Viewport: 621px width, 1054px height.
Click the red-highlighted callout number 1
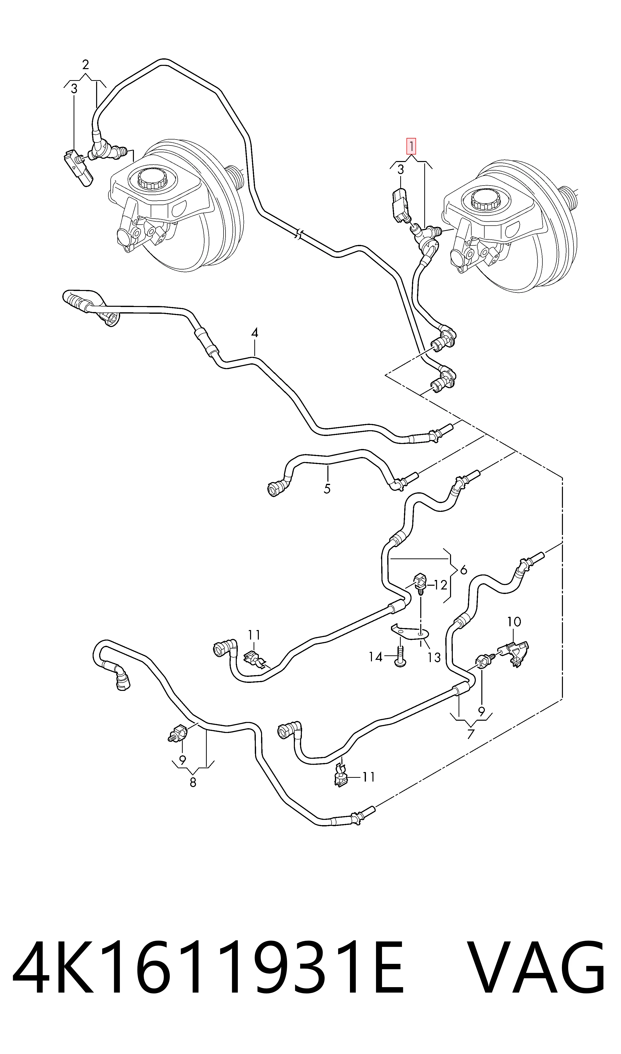click(411, 146)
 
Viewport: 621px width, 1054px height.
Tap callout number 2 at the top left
click(85, 65)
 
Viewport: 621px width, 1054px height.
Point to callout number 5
click(327, 489)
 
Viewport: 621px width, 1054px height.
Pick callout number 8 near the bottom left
click(193, 782)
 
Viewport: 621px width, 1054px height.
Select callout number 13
click(434, 658)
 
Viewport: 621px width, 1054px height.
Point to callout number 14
click(375, 657)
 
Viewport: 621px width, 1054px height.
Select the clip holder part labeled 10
click(516, 654)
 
